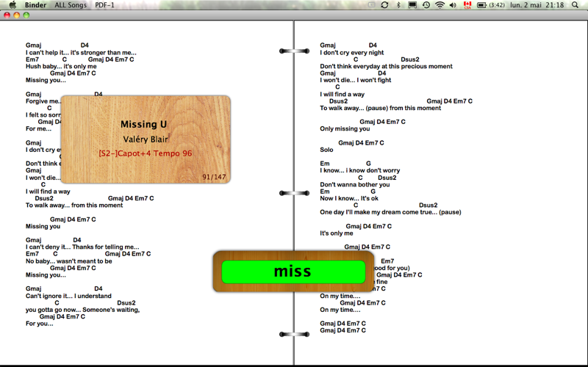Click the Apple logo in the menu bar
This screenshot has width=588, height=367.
[12, 5]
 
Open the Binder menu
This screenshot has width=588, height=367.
[35, 5]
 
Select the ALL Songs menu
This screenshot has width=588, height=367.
[71, 5]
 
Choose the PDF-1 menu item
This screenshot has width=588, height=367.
[104, 5]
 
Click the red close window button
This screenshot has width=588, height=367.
[7, 15]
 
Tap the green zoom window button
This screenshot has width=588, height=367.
[26, 15]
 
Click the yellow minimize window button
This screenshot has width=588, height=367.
[16, 15]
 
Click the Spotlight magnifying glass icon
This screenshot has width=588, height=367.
[575, 5]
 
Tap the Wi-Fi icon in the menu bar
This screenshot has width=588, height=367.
[440, 5]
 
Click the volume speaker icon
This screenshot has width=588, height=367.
[453, 5]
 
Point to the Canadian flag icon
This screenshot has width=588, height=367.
[467, 5]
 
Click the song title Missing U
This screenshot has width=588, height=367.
[143, 124]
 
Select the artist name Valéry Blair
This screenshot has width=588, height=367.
[146, 139]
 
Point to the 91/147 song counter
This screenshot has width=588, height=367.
[214, 177]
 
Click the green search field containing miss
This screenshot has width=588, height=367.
[293, 272]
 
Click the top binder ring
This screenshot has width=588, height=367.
[295, 51]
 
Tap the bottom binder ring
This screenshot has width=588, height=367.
[295, 334]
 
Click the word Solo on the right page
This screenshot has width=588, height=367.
[326, 150]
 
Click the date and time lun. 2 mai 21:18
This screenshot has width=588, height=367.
[537, 5]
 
